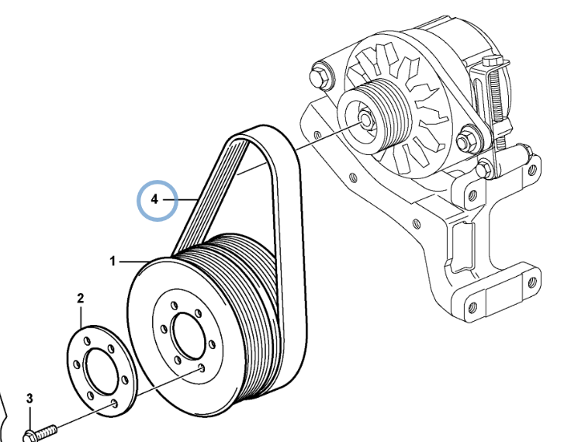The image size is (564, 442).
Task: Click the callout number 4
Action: [154, 199]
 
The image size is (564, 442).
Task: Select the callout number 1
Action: [112, 261]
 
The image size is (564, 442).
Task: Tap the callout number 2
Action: [80, 297]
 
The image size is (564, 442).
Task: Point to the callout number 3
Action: [29, 399]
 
